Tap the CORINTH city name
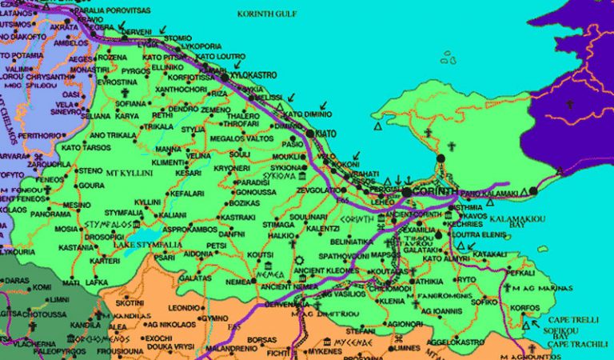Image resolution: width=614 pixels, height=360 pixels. [x=436, y=192]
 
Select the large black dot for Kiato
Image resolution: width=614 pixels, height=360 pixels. [x=310, y=134]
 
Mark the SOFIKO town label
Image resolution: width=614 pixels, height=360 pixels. [x=484, y=302]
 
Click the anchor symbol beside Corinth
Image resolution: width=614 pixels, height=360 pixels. [x=409, y=178]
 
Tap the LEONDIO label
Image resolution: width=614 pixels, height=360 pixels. [x=183, y=307]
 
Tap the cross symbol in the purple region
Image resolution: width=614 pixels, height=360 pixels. [x=570, y=104]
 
